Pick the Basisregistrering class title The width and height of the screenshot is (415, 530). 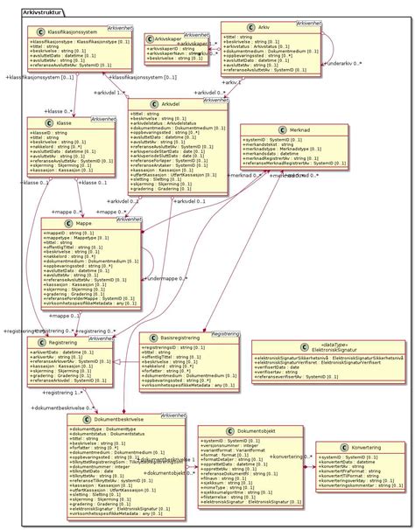pyautogui.click(x=186, y=336)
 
